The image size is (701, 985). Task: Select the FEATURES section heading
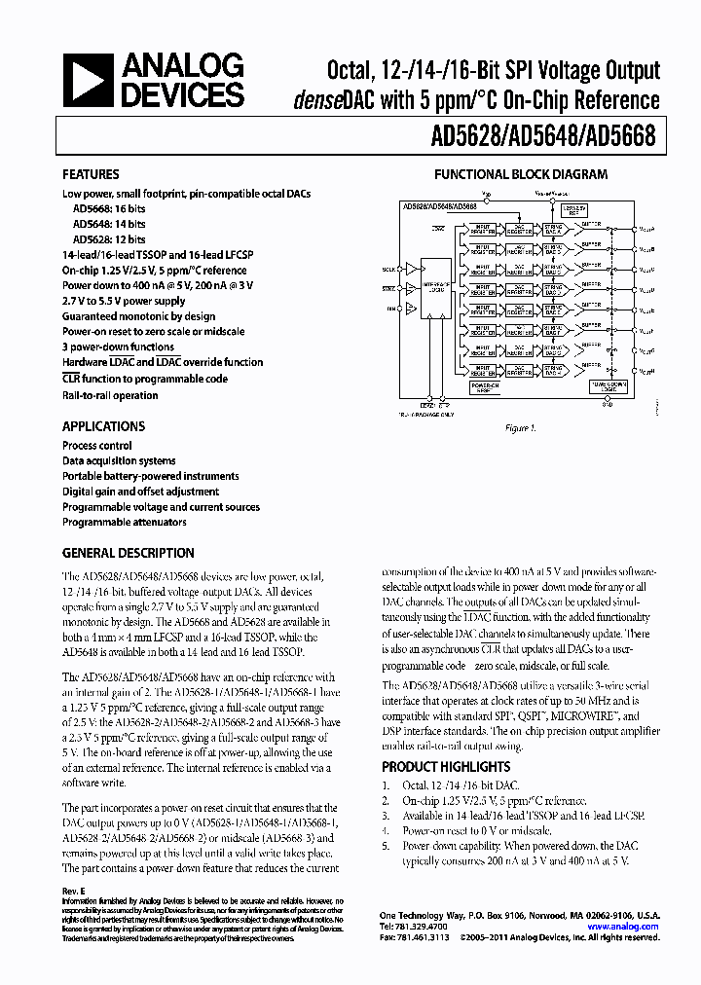(91, 175)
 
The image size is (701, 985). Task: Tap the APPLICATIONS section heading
(103, 426)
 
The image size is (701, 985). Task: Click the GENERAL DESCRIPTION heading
(128, 553)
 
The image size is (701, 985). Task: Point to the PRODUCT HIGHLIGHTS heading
(445, 767)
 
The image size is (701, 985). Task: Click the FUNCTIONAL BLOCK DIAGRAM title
(520, 175)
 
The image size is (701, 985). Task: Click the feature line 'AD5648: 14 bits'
(109, 223)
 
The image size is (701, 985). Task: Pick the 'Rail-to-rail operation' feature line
(110, 395)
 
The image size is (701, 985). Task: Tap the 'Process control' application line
(97, 445)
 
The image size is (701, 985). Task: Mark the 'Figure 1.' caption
(519, 428)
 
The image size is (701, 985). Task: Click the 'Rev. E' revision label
(75, 892)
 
